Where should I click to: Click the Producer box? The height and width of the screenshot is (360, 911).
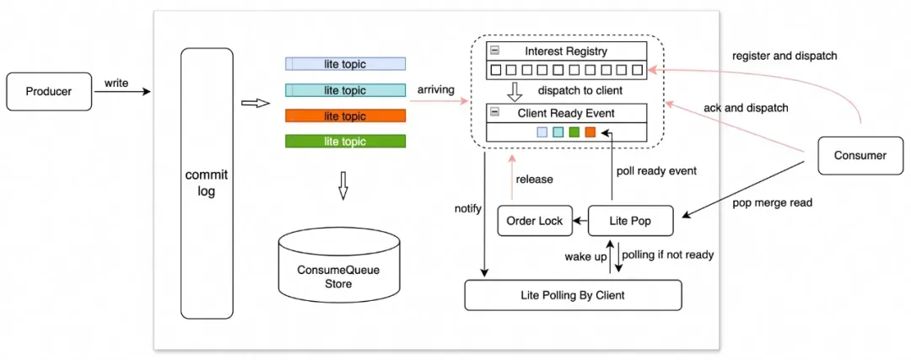(49, 92)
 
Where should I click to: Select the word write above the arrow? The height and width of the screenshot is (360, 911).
(116, 83)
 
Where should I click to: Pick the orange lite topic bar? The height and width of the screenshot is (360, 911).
(345, 116)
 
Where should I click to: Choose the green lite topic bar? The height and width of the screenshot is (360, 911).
(345, 142)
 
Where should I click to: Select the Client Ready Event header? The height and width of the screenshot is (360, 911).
(566, 112)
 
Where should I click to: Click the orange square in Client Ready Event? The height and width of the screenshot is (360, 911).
(590, 132)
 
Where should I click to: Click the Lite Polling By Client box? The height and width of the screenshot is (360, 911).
(573, 295)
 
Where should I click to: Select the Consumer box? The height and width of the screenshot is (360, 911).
(860, 155)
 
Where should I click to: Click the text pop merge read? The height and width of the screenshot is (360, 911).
(773, 202)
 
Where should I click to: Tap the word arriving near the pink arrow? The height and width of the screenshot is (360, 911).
(436, 89)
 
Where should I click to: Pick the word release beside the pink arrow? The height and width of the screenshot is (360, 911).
(533, 180)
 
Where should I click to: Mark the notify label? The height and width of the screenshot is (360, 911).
(468, 207)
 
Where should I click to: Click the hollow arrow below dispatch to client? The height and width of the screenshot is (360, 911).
(515, 90)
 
